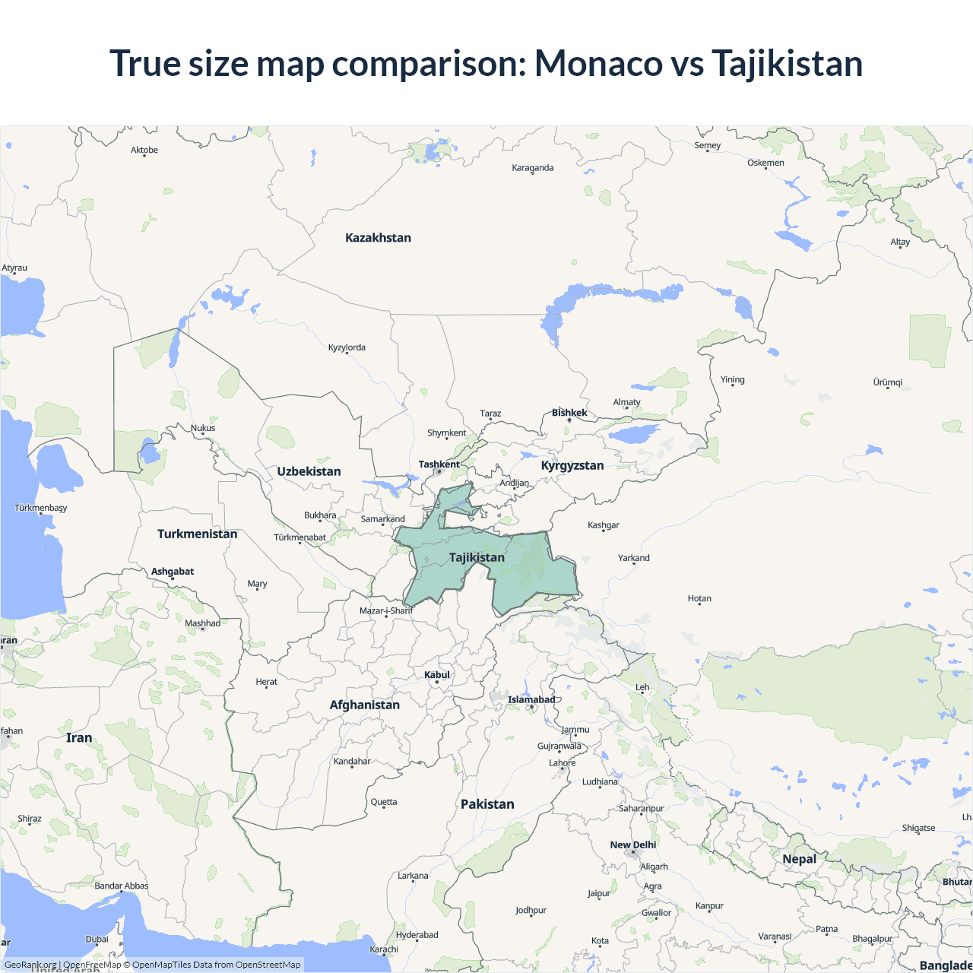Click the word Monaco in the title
pyautogui.click(x=598, y=63)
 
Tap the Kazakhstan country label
pyautogui.click(x=378, y=238)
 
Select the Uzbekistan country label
pyautogui.click(x=309, y=471)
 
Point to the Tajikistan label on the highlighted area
pyautogui.click(x=477, y=557)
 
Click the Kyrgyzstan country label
pyautogui.click(x=572, y=465)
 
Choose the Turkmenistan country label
pyautogui.click(x=197, y=534)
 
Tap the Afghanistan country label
pyautogui.click(x=364, y=705)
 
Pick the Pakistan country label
pyautogui.click(x=487, y=804)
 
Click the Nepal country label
pyautogui.click(x=799, y=859)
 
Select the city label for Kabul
pyautogui.click(x=437, y=675)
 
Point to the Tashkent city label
pyautogui.click(x=439, y=464)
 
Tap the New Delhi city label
pyautogui.click(x=632, y=845)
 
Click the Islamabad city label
pyautogui.click(x=531, y=699)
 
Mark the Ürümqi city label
pyautogui.click(x=887, y=382)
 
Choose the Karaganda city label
pyautogui.click(x=532, y=168)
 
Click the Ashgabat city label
pyautogui.click(x=173, y=572)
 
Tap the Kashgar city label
pyautogui.click(x=604, y=525)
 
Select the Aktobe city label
pyautogui.click(x=144, y=151)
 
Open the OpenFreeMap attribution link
pyautogui.click(x=92, y=965)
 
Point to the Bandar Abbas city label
pyautogui.click(x=122, y=886)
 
